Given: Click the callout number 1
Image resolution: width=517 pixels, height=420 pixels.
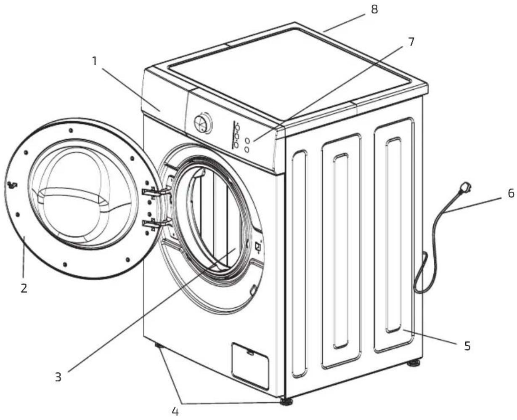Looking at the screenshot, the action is (94, 61).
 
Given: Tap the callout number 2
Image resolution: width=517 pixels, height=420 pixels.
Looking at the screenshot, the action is (24, 288).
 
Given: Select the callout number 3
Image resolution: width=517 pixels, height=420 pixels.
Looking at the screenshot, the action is (58, 377).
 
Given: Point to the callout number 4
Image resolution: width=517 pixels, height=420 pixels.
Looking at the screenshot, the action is (175, 411).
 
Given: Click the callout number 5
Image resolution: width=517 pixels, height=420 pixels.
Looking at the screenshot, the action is (467, 346).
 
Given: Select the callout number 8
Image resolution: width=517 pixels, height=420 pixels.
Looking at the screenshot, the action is (374, 9).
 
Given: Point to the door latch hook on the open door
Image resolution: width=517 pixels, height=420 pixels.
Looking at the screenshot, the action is (12, 185).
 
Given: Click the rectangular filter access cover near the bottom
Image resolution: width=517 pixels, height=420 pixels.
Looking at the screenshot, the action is (250, 365).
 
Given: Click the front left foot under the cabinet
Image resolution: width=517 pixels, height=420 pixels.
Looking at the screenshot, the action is (158, 345).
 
